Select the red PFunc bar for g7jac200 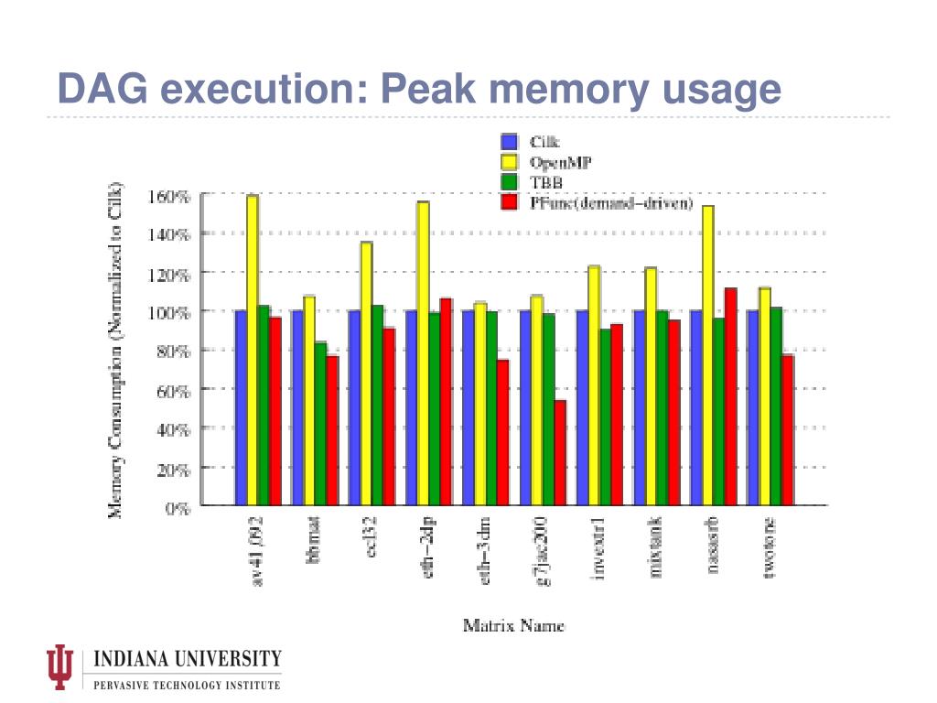pos(560,452)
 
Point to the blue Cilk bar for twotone pos(753,407)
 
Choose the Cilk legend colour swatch pos(510,142)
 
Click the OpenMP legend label pos(561,162)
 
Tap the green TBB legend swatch pos(510,182)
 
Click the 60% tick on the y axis pos(174,390)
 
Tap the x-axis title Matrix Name pos(513,627)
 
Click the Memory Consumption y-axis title pos(116,350)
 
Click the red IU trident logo pos(61,667)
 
